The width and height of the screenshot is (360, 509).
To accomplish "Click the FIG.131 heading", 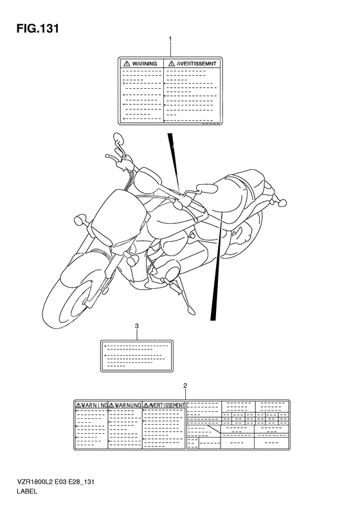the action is click(38, 28).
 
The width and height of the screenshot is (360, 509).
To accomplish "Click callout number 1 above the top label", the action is click(170, 40).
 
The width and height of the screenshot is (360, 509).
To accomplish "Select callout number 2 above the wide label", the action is click(185, 385).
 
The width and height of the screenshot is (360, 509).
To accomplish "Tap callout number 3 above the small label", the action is click(136, 325).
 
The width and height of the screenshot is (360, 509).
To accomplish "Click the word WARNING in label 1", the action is click(145, 64).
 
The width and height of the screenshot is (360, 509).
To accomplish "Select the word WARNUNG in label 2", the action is click(128, 405).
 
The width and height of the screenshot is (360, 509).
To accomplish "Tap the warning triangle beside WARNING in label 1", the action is click(126, 63).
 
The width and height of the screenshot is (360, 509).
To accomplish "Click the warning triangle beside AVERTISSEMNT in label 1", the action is click(171, 63).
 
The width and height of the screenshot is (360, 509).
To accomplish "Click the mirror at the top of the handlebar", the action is click(119, 138).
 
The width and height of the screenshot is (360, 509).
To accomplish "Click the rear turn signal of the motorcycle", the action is click(282, 203).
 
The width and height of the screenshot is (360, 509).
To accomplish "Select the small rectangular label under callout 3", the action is click(136, 355).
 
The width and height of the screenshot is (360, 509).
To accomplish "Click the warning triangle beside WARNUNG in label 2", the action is click(111, 405).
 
